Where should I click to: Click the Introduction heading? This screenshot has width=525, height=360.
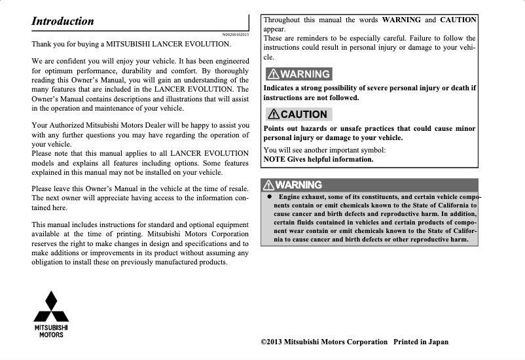click(x=63, y=21)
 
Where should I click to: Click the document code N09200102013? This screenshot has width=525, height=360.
click(x=236, y=34)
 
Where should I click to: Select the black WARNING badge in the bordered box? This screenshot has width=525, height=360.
click(x=298, y=74)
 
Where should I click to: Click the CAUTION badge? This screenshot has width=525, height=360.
click(x=298, y=114)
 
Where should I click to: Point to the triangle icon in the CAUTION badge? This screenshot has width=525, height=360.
click(x=273, y=114)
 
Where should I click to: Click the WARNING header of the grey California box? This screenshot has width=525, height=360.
click(x=293, y=185)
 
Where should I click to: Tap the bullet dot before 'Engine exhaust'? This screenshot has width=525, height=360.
click(x=268, y=197)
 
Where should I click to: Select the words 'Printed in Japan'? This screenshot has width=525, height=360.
click(x=421, y=342)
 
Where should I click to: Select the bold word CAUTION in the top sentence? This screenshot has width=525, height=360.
click(x=458, y=20)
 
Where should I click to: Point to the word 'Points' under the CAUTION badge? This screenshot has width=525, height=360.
click(x=276, y=128)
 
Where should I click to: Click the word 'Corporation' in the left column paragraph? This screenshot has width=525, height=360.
click(x=226, y=234)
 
